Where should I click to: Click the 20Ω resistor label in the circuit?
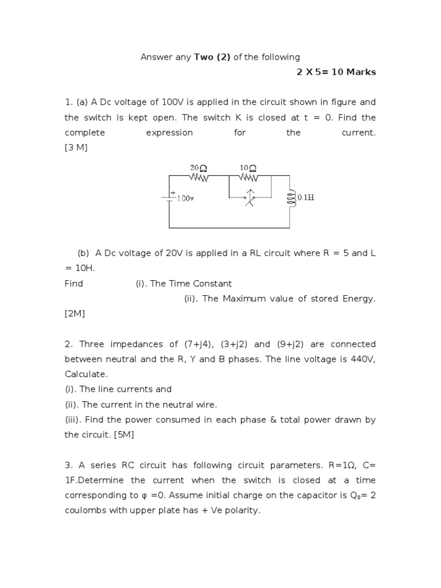click(198, 168)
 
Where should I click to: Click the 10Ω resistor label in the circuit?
click(248, 168)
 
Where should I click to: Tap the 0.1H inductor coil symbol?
click(290, 198)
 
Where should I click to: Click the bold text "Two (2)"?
click(212, 57)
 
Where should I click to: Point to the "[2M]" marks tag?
click(75, 314)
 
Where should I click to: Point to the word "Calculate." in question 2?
click(86, 374)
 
